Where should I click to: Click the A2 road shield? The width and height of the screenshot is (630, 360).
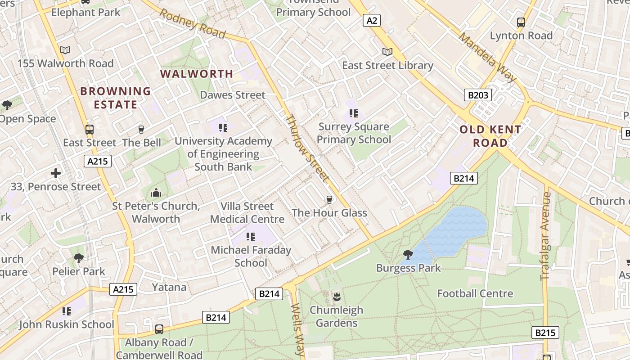[x=373, y=20]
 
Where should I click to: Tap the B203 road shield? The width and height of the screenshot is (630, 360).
[x=478, y=95]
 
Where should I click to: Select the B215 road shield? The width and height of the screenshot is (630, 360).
[x=545, y=333]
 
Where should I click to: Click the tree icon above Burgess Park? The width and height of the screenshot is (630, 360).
[x=408, y=255]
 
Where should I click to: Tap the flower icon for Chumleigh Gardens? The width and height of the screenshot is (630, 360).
[x=336, y=297]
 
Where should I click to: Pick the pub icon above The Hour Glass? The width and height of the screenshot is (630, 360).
[x=329, y=199]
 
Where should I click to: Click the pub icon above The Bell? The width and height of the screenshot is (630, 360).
[x=141, y=130]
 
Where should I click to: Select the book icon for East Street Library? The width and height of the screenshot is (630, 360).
[x=387, y=52]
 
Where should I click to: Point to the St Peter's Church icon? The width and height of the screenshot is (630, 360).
[x=156, y=193]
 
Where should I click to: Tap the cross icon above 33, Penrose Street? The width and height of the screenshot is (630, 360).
[x=56, y=173]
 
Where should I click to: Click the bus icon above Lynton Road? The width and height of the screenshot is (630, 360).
[x=521, y=22]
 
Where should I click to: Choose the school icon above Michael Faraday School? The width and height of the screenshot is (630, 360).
[x=251, y=237]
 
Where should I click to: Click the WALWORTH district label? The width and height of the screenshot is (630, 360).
[x=197, y=74]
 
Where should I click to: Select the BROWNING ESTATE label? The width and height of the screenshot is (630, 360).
[x=115, y=98]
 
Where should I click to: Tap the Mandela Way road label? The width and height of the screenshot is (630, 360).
[x=488, y=56]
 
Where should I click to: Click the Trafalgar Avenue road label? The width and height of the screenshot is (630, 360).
[x=546, y=236]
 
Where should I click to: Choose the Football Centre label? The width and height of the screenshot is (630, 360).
[x=475, y=293]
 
